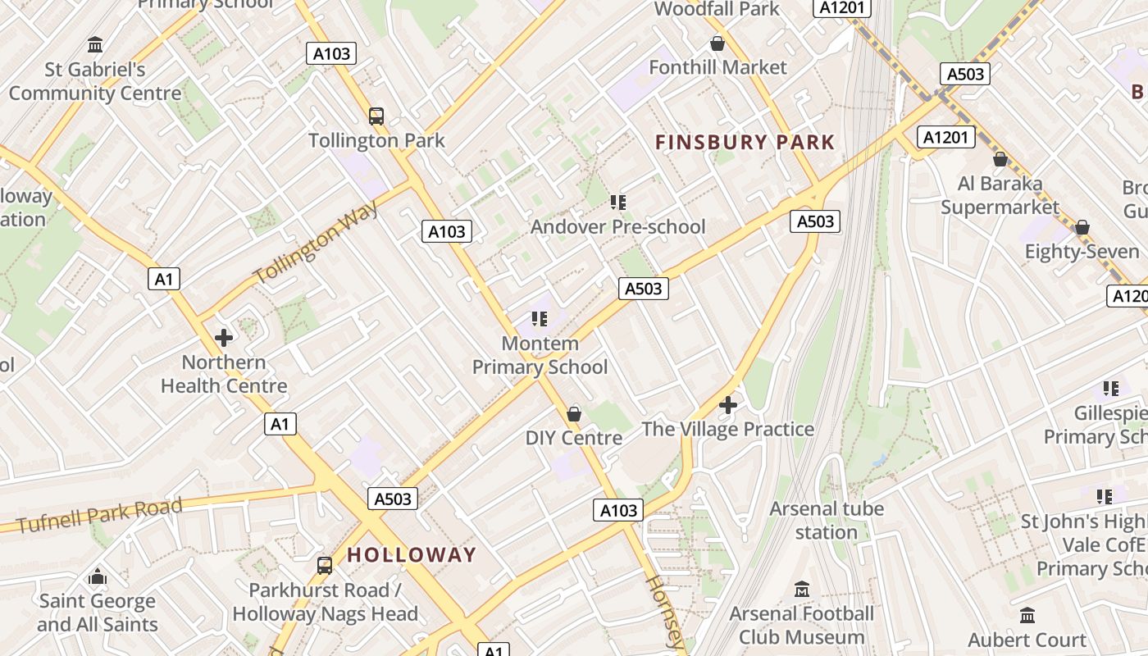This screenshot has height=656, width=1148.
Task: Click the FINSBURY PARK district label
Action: click(x=745, y=142)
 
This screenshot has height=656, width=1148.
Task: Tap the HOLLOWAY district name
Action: click(x=411, y=554)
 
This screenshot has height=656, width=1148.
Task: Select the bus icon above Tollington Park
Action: click(x=376, y=116)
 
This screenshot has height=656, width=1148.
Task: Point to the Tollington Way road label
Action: click(x=317, y=242)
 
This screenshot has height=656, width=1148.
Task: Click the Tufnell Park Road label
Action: click(x=99, y=515)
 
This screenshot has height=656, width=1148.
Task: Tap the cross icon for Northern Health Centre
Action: click(x=223, y=337)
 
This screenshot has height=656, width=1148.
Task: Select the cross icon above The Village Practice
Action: click(x=728, y=405)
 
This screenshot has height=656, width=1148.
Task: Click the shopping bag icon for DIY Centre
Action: click(x=574, y=414)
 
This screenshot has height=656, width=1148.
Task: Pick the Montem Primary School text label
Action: click(x=540, y=355)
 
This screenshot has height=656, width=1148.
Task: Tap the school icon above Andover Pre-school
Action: click(x=618, y=202)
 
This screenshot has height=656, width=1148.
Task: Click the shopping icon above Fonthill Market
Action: click(x=717, y=43)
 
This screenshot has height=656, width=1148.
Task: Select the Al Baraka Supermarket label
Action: click(x=1000, y=195)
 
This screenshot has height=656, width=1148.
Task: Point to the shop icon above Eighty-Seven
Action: click(x=1082, y=227)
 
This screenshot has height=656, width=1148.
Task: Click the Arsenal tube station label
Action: click(x=826, y=520)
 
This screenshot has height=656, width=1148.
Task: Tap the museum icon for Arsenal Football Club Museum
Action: click(x=802, y=589)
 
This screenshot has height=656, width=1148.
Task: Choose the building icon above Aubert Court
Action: click(x=1027, y=615)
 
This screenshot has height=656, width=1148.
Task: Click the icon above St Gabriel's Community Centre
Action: click(x=95, y=44)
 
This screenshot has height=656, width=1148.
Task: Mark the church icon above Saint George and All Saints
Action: click(x=98, y=576)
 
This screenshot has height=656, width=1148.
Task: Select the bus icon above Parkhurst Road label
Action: click(x=325, y=565)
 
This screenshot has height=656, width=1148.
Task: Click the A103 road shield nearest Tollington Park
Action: click(x=332, y=54)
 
